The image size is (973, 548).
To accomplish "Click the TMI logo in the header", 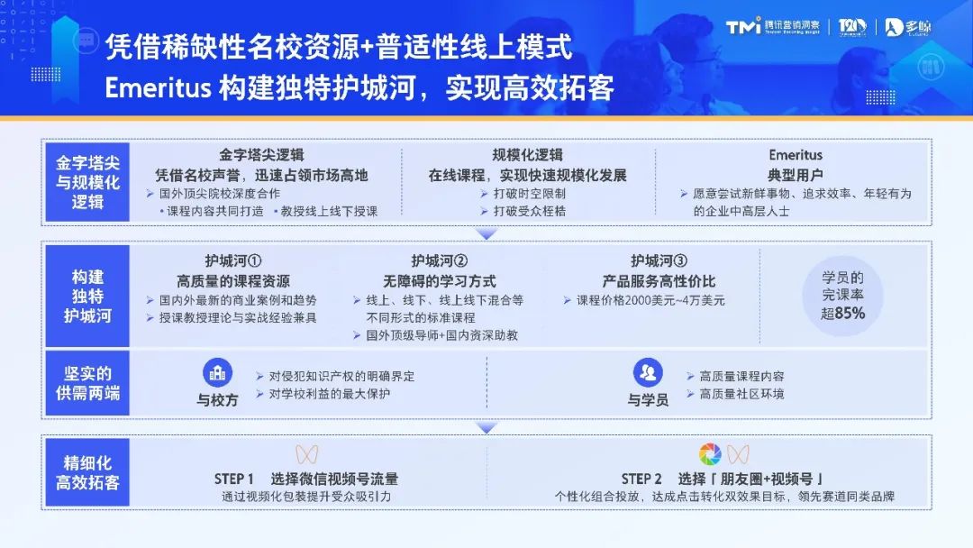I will point(743,27).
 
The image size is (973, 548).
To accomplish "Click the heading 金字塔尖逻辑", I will point(261,155).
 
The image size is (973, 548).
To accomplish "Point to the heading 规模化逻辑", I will point(527,155).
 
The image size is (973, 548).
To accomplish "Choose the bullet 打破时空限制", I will point(529,193).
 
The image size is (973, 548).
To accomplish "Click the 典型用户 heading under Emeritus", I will point(795,175).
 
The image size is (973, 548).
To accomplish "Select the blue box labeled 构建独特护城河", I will point(87,296).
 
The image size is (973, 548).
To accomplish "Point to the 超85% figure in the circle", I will point(843,313).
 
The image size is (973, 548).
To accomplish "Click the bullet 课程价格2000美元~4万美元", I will point(650,300).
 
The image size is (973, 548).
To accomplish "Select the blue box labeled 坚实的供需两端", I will point(87,383).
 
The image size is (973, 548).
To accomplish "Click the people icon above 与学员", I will point(648,372).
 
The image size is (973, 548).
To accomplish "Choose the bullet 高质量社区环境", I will point(741,394).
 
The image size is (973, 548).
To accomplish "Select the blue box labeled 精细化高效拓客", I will point(87,471).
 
